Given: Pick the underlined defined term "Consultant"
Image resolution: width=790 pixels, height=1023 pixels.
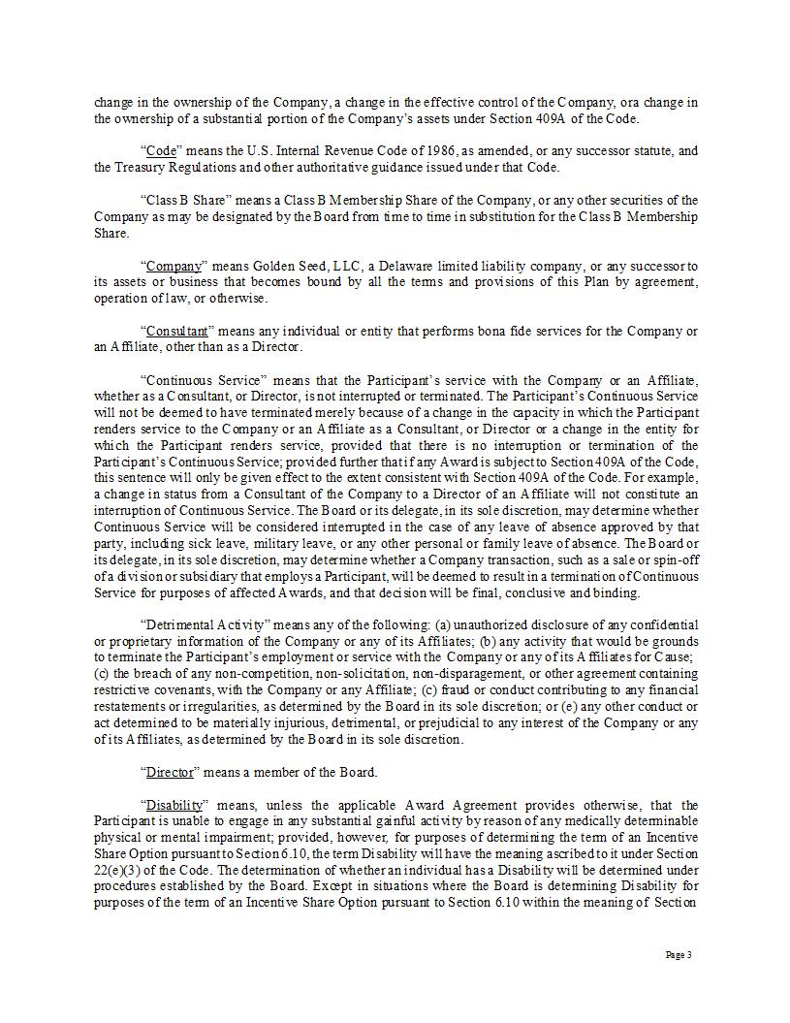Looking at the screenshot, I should coord(176,331).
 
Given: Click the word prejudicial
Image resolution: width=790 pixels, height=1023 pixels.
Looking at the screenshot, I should coord(521,723).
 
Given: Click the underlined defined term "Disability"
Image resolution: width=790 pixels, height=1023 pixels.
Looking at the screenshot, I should coord(174,806).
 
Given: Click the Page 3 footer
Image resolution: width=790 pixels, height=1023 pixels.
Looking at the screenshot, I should coord(678,956).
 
